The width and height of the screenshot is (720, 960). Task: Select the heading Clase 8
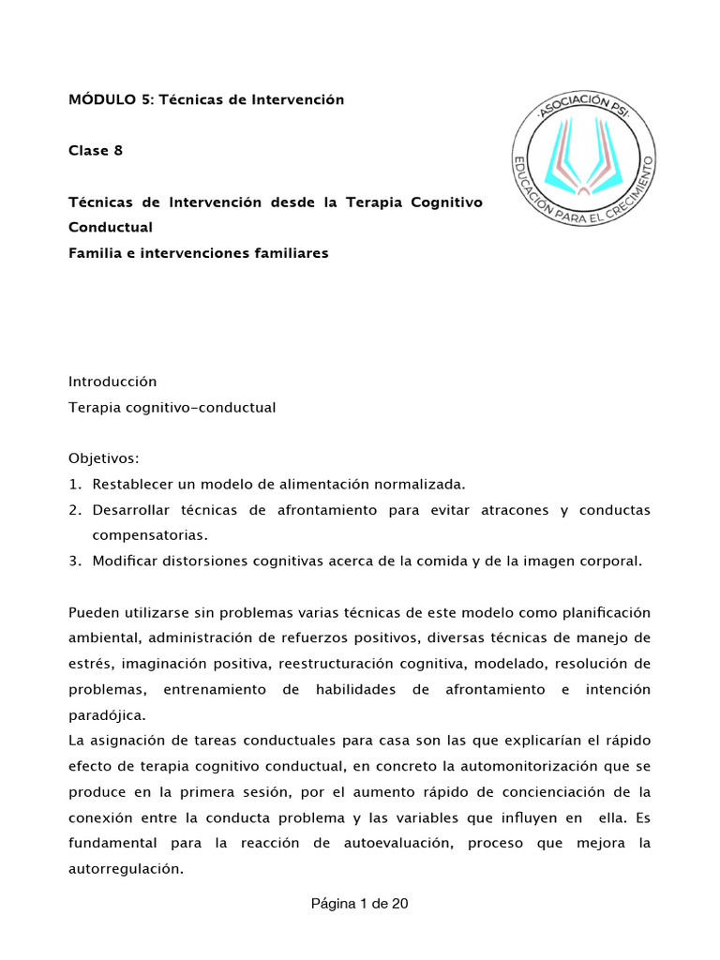tap(96, 150)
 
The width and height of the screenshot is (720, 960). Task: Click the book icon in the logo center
tap(583, 160)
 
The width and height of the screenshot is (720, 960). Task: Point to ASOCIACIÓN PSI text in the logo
tap(583, 100)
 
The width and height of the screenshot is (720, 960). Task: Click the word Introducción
tap(112, 382)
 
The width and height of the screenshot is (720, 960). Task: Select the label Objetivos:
tap(104, 458)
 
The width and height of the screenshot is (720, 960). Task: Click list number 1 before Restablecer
tap(74, 484)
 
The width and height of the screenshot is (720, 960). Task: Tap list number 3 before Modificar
tap(74, 561)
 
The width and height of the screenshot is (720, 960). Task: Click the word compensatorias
tap(148, 535)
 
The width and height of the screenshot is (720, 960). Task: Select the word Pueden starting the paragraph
tap(94, 612)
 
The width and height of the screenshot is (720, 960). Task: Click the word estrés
tap(90, 664)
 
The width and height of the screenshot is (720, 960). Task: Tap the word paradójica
tap(106, 714)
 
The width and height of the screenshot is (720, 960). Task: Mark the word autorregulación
tap(124, 868)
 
